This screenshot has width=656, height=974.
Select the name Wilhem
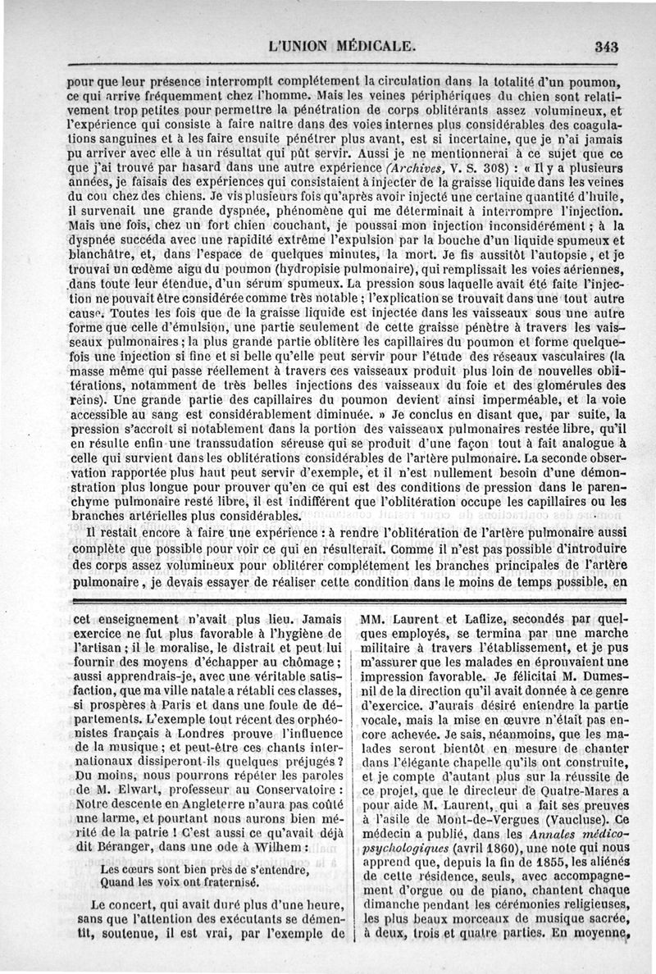point(277,845)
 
